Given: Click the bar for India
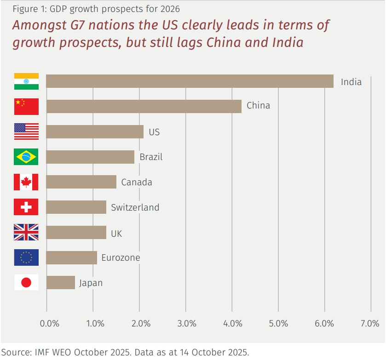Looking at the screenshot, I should pos(190,81).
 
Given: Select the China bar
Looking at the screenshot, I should pos(144,106).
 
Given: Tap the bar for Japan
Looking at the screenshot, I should pos(60,282).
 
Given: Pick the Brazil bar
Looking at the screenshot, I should pos(90,157).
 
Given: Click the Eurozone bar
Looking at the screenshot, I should pos(71,257).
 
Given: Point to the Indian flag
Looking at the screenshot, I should pos(26,81).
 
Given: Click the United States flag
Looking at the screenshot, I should pos(26,131).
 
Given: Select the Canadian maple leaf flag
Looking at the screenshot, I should pos(26,182).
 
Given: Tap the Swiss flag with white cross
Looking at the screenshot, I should pos(26,207).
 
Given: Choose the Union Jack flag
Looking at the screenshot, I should pos(26,232).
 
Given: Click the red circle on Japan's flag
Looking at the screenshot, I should pos(26,282).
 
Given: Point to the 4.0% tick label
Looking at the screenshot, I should pos(232,323).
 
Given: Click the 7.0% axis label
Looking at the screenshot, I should pos(370,323).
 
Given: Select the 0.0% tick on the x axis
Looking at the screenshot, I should pos(49,323).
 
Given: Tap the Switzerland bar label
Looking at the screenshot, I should pos(135,207).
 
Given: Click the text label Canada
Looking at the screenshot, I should pos(137,182).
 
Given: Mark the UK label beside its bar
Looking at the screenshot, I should pos(116,233).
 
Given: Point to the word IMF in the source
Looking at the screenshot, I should pos(43,353).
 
